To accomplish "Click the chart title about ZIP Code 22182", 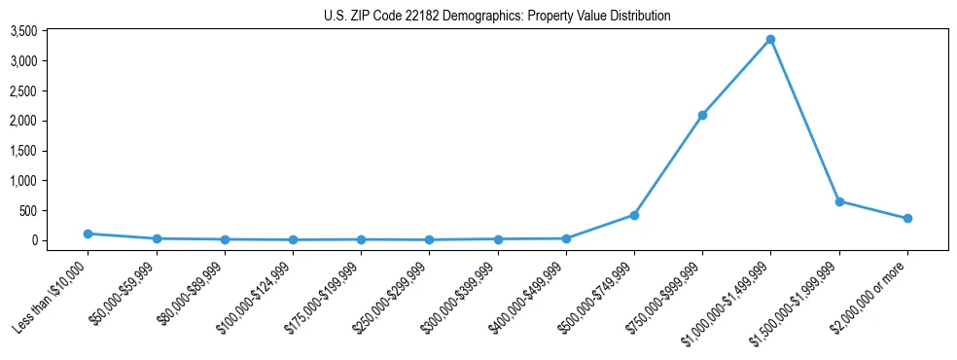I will click(497, 16).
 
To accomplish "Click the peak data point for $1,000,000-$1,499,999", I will click(770, 39).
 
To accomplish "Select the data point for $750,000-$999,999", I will click(702, 115).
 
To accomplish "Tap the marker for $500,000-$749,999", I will click(634, 215).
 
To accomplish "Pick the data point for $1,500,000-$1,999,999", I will click(839, 201).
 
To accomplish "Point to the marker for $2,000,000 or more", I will click(907, 218).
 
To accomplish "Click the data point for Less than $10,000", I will click(88, 234).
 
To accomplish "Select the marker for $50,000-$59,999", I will click(157, 238).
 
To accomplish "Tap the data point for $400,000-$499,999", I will click(566, 238).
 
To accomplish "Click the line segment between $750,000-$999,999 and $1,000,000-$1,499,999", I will click(736, 77).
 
